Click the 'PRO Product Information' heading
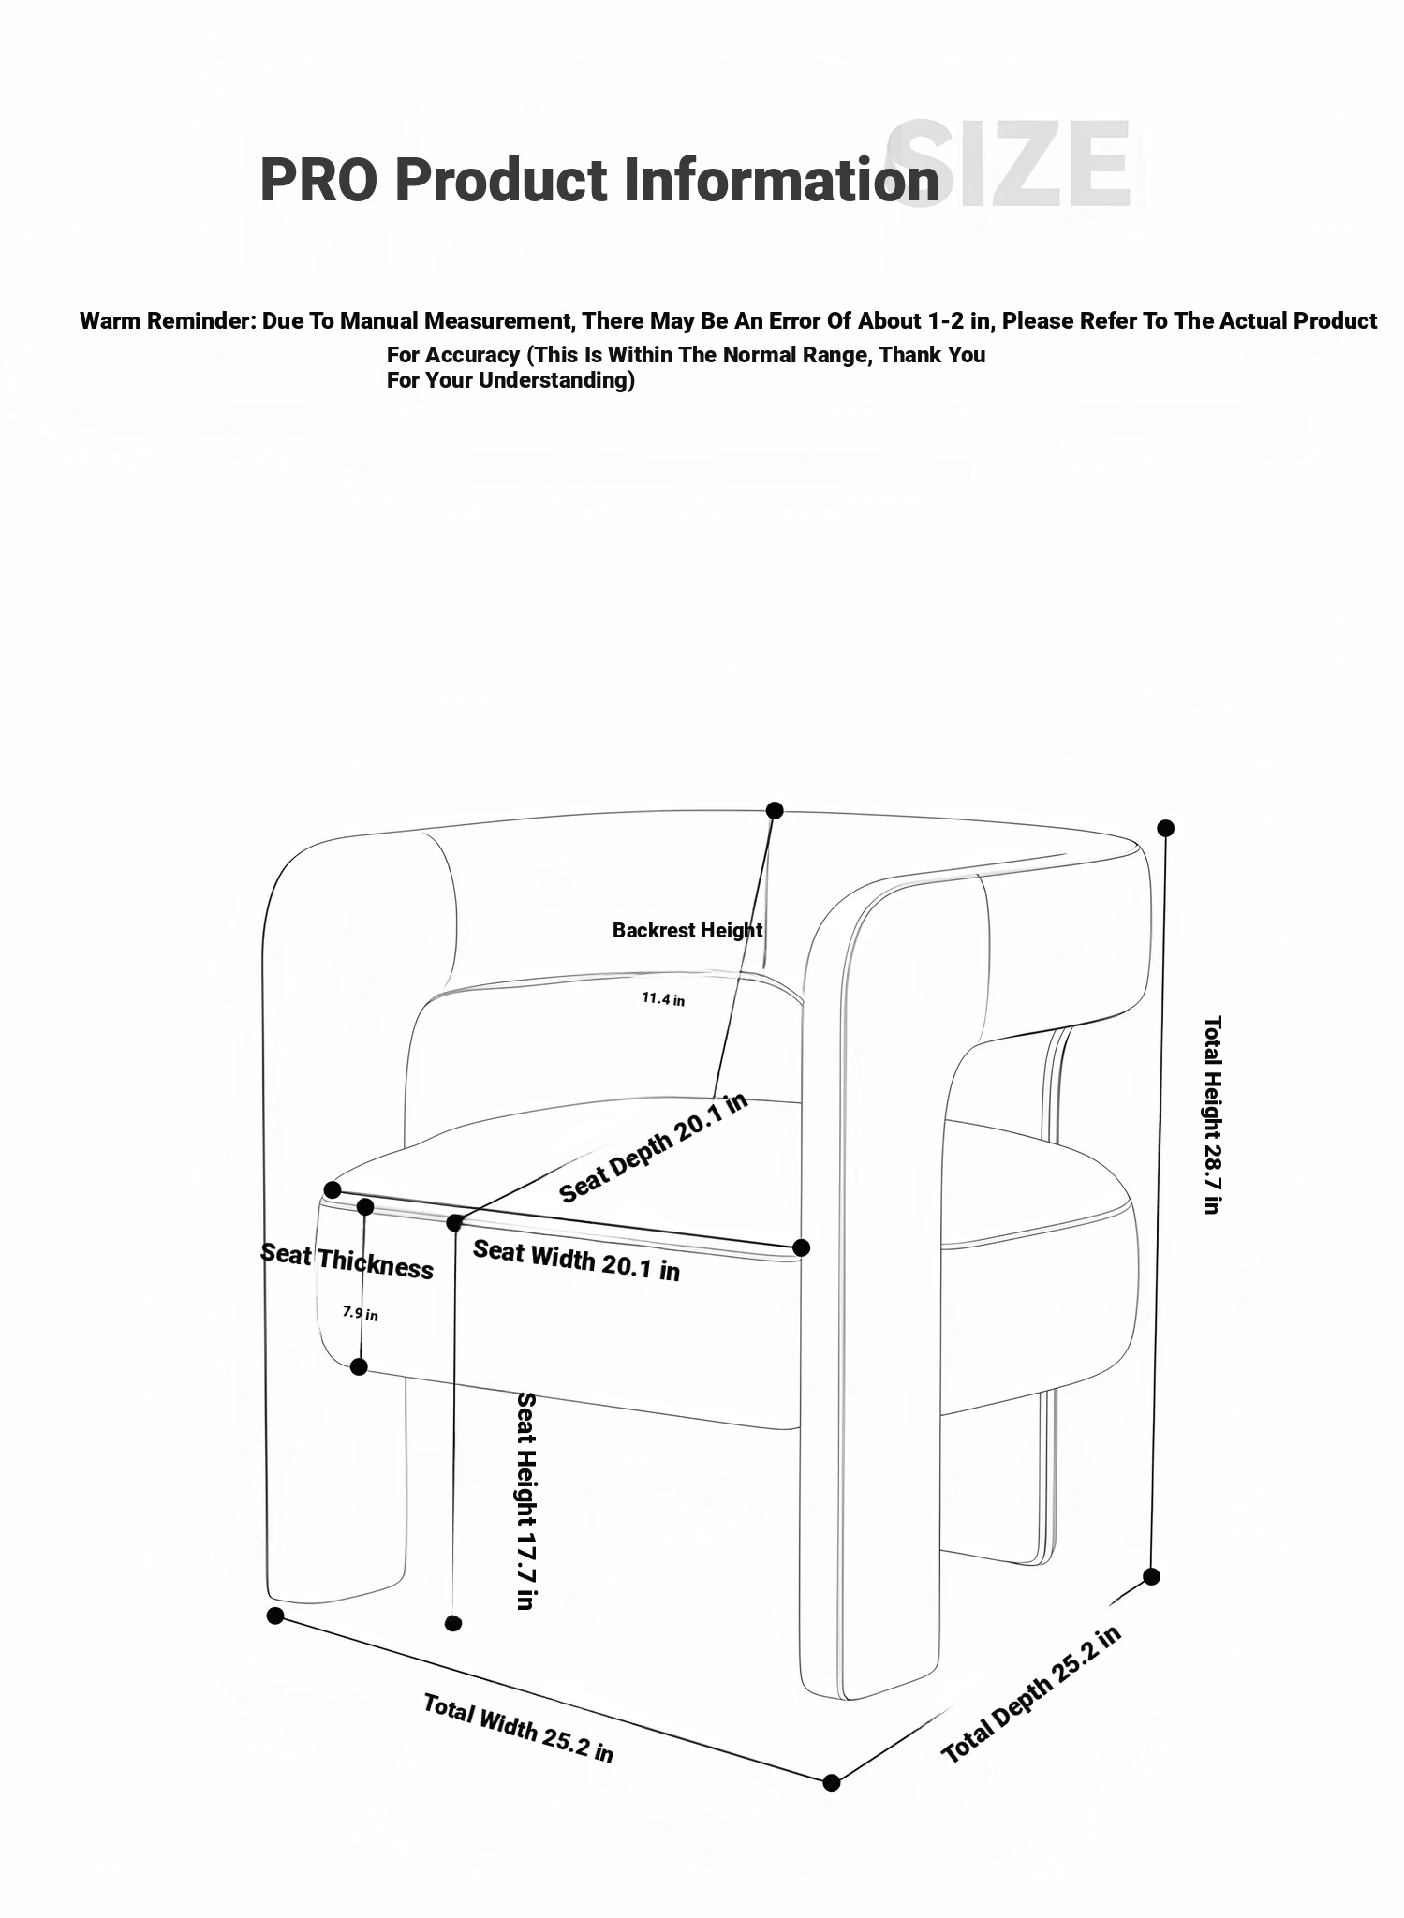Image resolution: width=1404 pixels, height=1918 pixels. coord(599,179)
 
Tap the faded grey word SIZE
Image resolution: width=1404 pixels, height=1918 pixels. coord(1010,165)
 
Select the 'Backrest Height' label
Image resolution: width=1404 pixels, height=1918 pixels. coord(687,930)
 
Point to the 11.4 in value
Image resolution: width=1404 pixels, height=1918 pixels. coord(663,999)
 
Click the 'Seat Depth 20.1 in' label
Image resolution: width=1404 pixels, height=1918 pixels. coord(654,1147)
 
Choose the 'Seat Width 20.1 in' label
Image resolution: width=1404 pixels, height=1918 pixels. coord(576,1260)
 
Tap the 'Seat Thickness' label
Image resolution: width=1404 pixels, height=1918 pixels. coord(347,1261)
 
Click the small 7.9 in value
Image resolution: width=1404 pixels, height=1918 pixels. coord(360,1313)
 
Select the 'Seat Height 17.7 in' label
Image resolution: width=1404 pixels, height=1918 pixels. coord(526,1500)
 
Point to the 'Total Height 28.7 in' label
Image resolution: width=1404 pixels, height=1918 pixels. coord(1212,1114)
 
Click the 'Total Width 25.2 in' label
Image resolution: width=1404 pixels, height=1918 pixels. coord(518,1728)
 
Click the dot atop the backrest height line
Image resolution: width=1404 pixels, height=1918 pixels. coord(775,810)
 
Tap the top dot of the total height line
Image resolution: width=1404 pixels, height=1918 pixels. coord(1165,828)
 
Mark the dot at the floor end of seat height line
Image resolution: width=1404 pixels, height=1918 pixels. coord(453,1623)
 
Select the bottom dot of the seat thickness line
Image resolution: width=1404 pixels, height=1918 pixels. coord(359,1367)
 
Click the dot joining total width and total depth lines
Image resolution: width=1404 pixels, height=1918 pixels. coord(831,1782)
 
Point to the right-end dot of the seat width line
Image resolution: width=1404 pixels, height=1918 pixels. coord(801,1247)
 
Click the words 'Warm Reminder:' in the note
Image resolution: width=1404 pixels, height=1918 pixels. coord(168,321)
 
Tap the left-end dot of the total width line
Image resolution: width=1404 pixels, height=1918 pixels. coord(275,1616)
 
